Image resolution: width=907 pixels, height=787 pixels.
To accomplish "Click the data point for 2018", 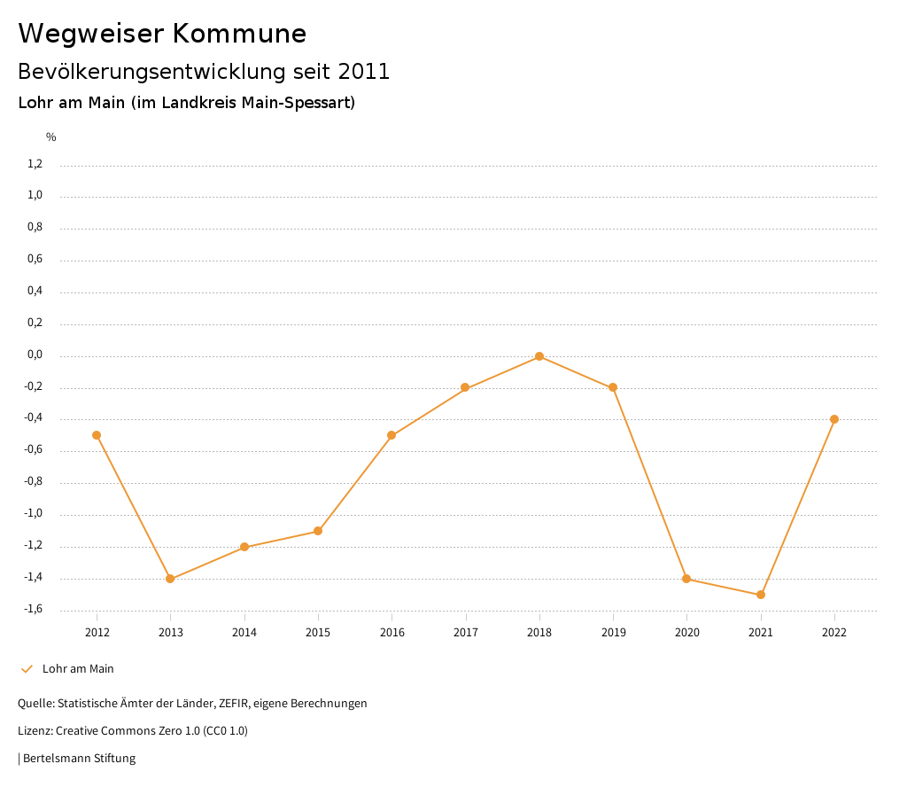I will click(539, 356).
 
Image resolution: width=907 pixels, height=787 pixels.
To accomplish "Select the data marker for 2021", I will click(760, 595).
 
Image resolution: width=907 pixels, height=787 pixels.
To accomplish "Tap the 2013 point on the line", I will click(170, 579).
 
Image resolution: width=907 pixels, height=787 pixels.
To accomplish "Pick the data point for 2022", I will click(834, 419).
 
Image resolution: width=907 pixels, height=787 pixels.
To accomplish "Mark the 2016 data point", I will click(391, 435).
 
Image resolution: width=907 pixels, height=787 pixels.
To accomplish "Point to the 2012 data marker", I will click(97, 435).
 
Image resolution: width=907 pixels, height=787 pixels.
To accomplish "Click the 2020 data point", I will click(686, 579).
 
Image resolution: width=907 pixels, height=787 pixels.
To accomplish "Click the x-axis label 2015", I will click(318, 633).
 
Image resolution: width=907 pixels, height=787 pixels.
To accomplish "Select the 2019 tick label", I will click(613, 633).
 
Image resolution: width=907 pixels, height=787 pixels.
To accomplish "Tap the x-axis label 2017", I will click(466, 633).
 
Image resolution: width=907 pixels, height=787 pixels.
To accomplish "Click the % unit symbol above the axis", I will click(51, 137).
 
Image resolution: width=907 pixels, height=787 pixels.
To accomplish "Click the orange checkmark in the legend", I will click(27, 669).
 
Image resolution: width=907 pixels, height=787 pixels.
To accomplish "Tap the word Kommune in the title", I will click(239, 34).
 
